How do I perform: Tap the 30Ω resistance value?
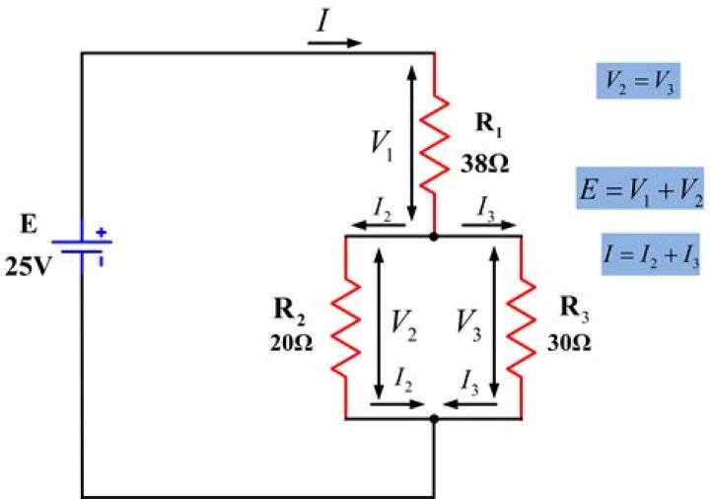(569, 344)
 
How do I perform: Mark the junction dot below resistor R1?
(434, 237)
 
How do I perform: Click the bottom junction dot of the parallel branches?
(434, 419)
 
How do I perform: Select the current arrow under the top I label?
(337, 42)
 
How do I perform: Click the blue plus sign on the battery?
(100, 234)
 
